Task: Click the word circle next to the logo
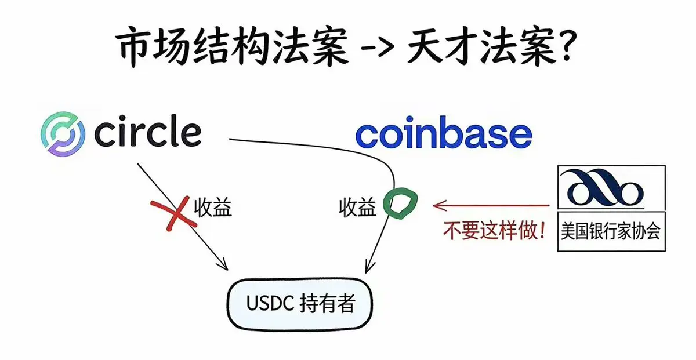pos(147,133)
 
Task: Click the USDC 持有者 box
pos(300,303)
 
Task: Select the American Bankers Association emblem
pos(603,187)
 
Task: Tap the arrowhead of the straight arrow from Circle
pos(223,266)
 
